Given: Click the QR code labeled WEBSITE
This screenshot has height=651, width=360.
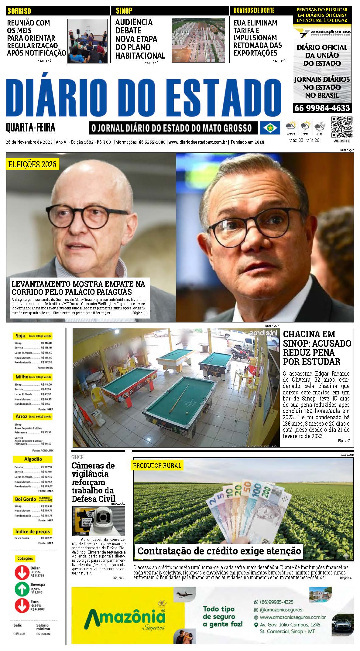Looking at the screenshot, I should [x=342, y=127].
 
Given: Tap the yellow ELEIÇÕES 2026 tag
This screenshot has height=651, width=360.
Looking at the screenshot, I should [x=32, y=165].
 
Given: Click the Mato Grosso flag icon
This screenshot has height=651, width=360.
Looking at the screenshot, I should [x=270, y=128].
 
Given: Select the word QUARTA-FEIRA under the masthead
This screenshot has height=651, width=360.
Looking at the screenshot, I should [x=31, y=128].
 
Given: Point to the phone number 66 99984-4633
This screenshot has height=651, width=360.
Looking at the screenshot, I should [x=322, y=108].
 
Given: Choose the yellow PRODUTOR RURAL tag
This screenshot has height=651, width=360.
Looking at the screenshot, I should [x=157, y=465].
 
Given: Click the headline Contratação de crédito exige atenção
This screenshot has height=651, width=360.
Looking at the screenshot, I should [x=219, y=551].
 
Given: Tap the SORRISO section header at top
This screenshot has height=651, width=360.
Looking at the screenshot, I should [x=19, y=11].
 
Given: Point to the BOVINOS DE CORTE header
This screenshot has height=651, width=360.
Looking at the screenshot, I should [x=254, y=11].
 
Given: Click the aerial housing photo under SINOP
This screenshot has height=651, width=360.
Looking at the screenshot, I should [x=198, y=40].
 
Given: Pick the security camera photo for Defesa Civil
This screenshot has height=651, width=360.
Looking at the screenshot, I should [x=98, y=521].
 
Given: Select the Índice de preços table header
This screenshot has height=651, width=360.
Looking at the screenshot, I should [x=33, y=531].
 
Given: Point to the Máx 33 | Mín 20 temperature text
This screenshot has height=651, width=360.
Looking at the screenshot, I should [x=304, y=140].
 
